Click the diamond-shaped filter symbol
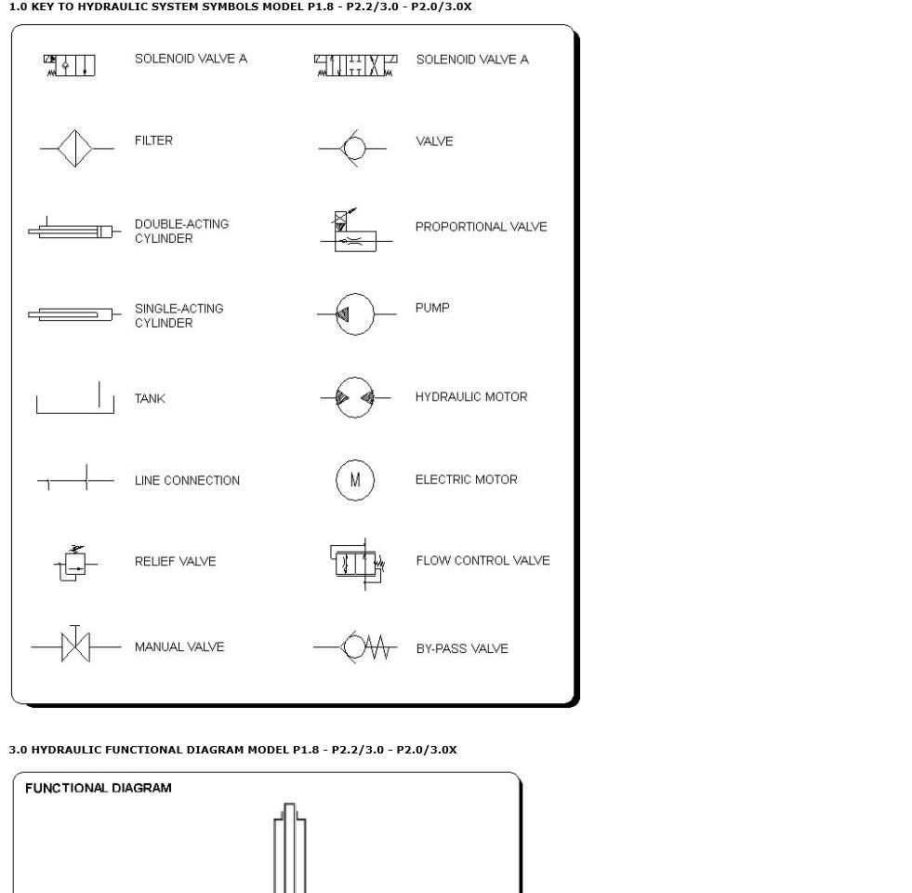pyautogui.click(x=74, y=149)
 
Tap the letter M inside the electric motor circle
pyautogui.click(x=355, y=481)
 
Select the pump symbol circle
pyautogui.click(x=354, y=314)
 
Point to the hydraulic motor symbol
pyautogui.click(x=355, y=398)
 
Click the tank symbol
pyautogui.click(x=74, y=400)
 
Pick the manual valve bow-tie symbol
pyautogui.click(x=75, y=646)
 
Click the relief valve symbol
pyautogui.click(x=73, y=564)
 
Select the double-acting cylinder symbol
pyautogui.click(x=73, y=231)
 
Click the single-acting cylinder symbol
pyautogui.click(x=73, y=314)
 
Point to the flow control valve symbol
pyautogui.click(x=357, y=563)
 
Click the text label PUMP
pyautogui.click(x=432, y=308)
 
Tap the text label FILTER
pyautogui.click(x=153, y=140)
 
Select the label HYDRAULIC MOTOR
pyautogui.click(x=470, y=397)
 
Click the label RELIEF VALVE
pyautogui.click(x=175, y=562)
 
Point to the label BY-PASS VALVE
pyautogui.click(x=461, y=649)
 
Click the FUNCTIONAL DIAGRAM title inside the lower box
pyautogui.click(x=98, y=788)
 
